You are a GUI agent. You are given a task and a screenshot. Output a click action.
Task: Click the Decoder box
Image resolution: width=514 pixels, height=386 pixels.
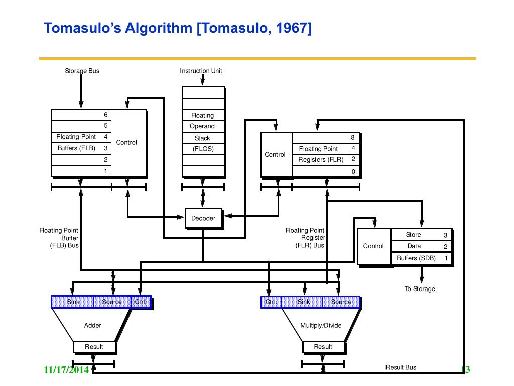point(203,218)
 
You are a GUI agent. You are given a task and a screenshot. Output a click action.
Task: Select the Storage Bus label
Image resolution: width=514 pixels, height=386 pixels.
point(82,71)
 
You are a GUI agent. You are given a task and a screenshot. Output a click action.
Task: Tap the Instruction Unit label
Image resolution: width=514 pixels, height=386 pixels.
point(201,71)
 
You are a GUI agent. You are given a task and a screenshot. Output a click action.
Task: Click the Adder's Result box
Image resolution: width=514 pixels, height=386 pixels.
point(94,347)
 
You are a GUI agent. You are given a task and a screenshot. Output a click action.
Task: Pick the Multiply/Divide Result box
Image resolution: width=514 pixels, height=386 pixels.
point(323,347)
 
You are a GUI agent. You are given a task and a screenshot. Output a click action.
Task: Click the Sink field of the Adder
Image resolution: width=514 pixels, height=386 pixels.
point(73,302)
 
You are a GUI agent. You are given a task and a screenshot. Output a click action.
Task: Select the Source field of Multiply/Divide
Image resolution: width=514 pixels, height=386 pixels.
point(341,302)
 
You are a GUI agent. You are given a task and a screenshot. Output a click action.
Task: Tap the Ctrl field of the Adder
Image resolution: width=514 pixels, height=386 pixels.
point(140,302)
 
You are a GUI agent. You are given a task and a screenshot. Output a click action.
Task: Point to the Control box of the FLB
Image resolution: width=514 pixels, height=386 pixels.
point(126,143)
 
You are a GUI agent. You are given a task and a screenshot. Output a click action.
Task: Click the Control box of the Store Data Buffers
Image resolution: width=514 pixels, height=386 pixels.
point(373,246)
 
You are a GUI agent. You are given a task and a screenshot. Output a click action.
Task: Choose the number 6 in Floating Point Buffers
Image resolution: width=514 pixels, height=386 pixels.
point(106,115)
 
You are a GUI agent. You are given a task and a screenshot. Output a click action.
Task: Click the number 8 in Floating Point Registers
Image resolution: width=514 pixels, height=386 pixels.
point(353,137)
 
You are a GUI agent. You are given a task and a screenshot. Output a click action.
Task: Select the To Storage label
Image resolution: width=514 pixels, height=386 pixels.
point(420,289)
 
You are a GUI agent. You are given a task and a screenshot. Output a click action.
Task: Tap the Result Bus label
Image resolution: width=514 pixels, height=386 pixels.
point(401,367)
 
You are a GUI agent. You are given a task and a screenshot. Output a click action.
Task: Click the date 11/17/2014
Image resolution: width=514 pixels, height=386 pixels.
point(66,370)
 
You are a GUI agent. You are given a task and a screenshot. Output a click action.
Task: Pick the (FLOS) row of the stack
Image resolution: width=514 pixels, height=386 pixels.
point(202,149)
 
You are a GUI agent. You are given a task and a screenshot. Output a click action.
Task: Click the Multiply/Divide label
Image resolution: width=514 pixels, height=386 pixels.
point(321,325)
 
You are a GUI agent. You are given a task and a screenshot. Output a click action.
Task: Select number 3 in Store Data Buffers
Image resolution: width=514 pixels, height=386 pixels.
point(445,235)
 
